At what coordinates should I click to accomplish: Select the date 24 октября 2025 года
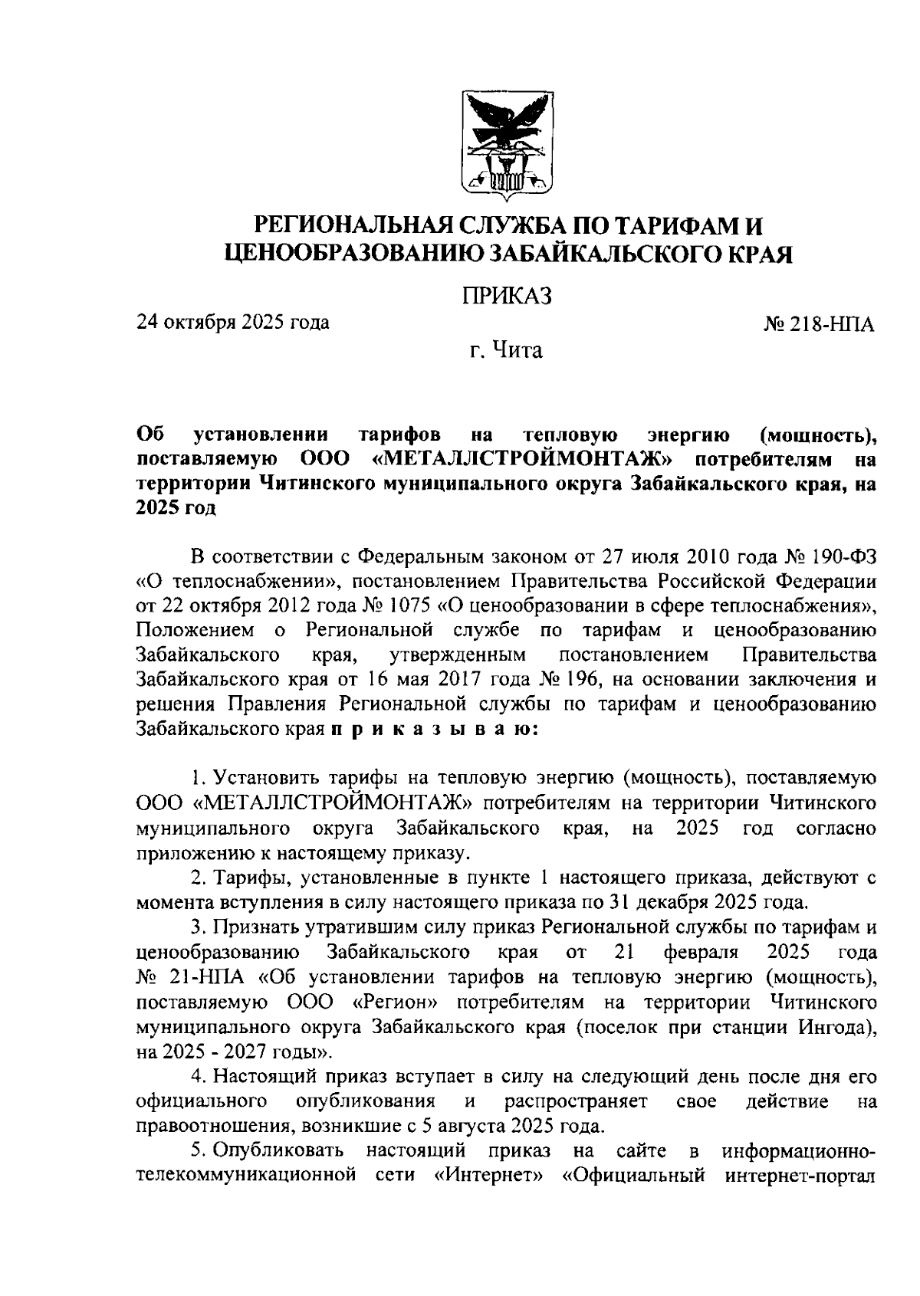(233, 322)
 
